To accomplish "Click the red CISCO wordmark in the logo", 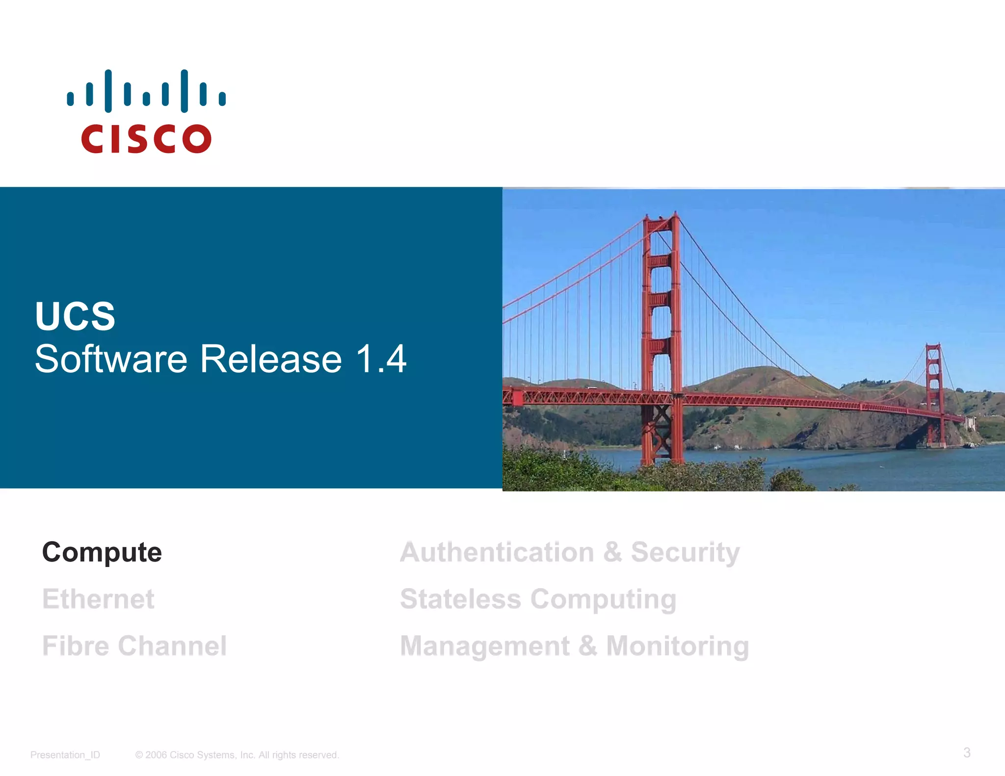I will coord(146,139).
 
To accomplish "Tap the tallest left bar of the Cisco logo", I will coord(108,91).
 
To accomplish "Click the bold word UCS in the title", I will coord(75,316).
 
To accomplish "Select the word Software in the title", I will coord(111,359).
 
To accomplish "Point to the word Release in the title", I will coord(271,359).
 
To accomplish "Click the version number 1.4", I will coord(381,359).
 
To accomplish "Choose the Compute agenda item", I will coord(102,552).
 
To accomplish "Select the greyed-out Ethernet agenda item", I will coord(98,599).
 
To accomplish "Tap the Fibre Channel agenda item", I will coord(134,646).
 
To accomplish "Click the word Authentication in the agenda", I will coord(497,552).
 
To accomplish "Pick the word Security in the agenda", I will coord(685,552).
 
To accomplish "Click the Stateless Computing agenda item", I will coord(538,599).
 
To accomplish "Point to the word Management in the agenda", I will coord(485,646).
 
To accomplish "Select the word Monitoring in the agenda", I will coord(677,646).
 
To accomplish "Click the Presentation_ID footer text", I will coord(65,755).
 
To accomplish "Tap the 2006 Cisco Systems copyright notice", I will coord(237,755).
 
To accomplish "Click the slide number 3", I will coord(967,752).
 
